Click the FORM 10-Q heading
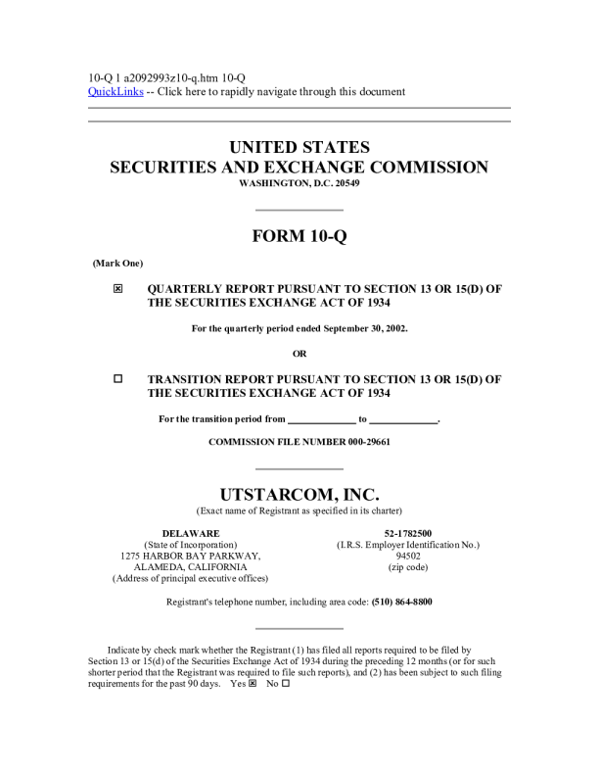(x=299, y=236)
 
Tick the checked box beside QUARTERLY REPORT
(x=118, y=290)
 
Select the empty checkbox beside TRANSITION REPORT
(x=118, y=378)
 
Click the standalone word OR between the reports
(x=299, y=353)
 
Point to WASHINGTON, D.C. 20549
(x=299, y=184)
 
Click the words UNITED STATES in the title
(x=299, y=147)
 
